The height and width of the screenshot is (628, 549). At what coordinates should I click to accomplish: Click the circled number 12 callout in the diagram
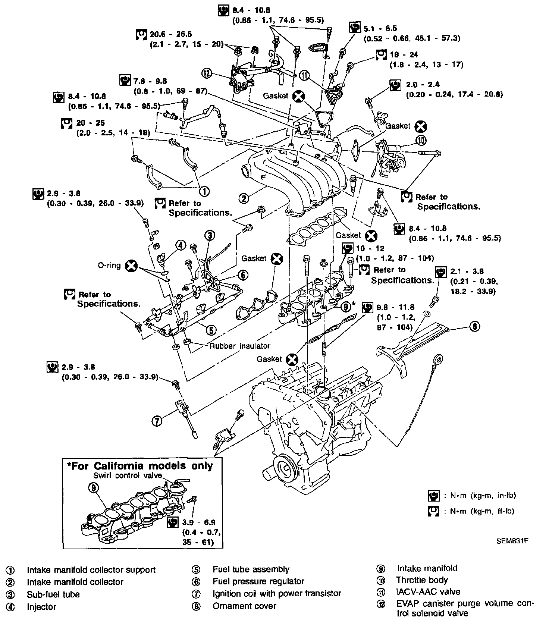pyautogui.click(x=207, y=73)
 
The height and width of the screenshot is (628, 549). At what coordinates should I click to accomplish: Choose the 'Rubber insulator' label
pyautogui.click(x=239, y=346)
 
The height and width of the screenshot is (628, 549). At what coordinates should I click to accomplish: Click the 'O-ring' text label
pyautogui.click(x=109, y=265)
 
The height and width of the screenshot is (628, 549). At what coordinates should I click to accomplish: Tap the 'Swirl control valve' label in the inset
pyautogui.click(x=128, y=475)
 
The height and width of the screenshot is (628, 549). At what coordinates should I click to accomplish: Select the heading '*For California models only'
pyautogui.click(x=139, y=466)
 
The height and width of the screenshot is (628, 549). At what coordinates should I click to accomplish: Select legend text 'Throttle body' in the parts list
pyautogui.click(x=422, y=580)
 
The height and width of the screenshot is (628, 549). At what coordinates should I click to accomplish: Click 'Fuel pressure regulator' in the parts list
pyautogui.click(x=258, y=581)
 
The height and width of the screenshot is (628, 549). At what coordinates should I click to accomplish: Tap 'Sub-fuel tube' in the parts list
pyautogui.click(x=53, y=594)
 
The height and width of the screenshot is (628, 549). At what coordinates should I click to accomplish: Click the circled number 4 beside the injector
pyautogui.click(x=181, y=245)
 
